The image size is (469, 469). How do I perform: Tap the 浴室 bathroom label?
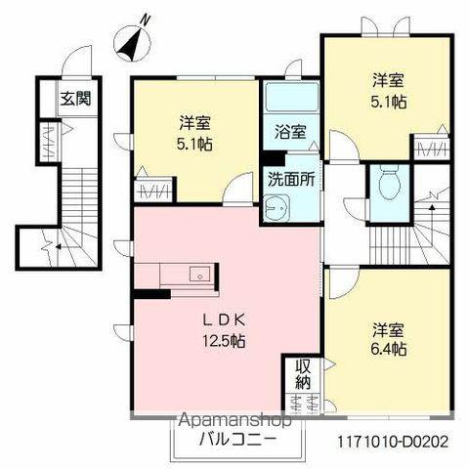(288, 132)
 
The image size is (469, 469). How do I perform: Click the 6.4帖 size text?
(389, 348)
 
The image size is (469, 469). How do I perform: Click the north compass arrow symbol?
(131, 41)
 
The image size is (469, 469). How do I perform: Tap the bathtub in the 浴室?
(288, 99)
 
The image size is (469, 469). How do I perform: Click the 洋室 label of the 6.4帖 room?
(389, 328)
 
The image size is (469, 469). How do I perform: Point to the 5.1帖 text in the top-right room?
(389, 101)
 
